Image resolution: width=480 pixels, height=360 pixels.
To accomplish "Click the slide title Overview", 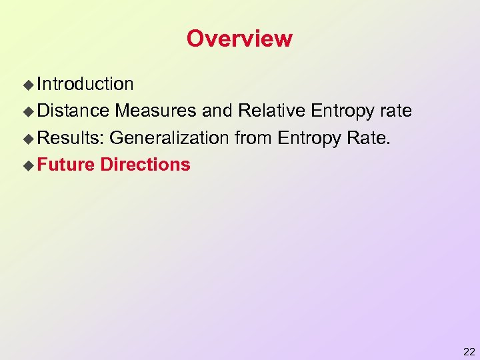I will [x=239, y=39].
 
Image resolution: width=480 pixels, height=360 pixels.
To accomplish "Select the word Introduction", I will [x=85, y=84].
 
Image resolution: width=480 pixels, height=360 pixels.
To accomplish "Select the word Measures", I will [x=158, y=111].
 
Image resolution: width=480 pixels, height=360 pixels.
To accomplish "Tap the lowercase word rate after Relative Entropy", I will [x=395, y=111].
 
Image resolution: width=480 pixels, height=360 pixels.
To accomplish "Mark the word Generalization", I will [x=169, y=138].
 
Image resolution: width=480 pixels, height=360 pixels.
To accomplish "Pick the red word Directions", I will [x=145, y=165].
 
